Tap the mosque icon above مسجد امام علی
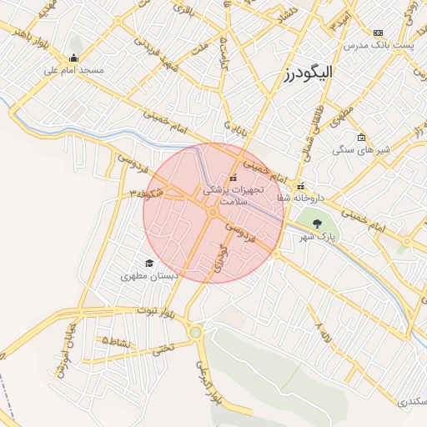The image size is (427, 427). pyautogui.click(x=74, y=58)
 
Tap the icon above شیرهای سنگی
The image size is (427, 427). pyautogui.click(x=360, y=138)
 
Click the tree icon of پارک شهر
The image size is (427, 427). pyautogui.click(x=317, y=224)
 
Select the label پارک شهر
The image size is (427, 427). pyautogui.click(x=318, y=237)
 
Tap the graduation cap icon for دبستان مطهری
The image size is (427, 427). pyautogui.click(x=149, y=263)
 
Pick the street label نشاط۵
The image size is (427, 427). pyautogui.click(x=116, y=341)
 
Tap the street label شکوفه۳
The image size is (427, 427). pyautogui.click(x=145, y=194)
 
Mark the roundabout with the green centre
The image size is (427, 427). pyautogui.click(x=196, y=332)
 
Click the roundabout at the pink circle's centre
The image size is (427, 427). pyautogui.click(x=213, y=213)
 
